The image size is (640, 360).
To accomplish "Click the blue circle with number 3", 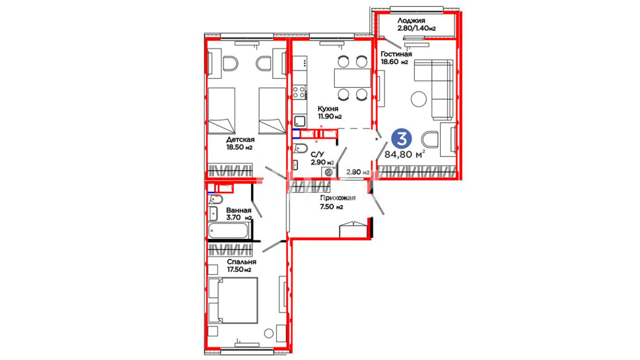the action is [402, 139].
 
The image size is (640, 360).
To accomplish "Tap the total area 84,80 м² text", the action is [405, 154].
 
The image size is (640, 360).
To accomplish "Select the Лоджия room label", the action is [411, 21].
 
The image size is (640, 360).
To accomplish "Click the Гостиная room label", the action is [396, 54].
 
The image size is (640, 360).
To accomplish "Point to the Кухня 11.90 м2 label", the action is [329, 113].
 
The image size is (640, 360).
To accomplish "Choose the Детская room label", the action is [240, 140].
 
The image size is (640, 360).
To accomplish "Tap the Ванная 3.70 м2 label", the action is [239, 214].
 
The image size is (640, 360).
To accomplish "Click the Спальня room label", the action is [242, 262].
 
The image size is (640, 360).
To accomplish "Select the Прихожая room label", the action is [338, 198].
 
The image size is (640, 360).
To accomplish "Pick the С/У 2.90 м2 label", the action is [322, 159].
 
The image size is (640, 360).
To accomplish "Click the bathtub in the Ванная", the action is [228, 231].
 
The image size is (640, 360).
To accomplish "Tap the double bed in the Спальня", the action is [233, 300].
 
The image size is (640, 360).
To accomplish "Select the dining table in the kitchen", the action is [352, 78].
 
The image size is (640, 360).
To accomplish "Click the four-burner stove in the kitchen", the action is [299, 92].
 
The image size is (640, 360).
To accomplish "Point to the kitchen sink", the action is [300, 121].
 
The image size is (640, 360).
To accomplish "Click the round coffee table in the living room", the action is [419, 99].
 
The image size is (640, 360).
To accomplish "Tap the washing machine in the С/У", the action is [329, 172].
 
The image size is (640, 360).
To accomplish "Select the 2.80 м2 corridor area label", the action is [358, 172].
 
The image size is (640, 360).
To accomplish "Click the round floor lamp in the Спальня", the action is [268, 333].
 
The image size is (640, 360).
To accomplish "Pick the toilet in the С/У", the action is [300, 148].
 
